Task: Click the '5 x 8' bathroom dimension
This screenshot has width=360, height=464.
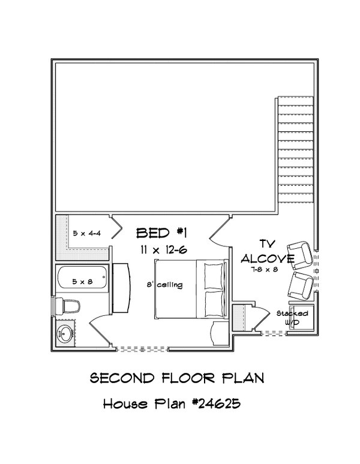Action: [83, 280]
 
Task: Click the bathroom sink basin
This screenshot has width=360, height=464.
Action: [65, 333]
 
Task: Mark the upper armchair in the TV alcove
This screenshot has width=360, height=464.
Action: [300, 254]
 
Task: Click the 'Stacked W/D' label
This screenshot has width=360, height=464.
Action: [293, 318]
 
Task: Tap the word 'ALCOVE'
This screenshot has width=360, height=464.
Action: [268, 259]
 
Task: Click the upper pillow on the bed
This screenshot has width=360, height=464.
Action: [213, 276]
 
